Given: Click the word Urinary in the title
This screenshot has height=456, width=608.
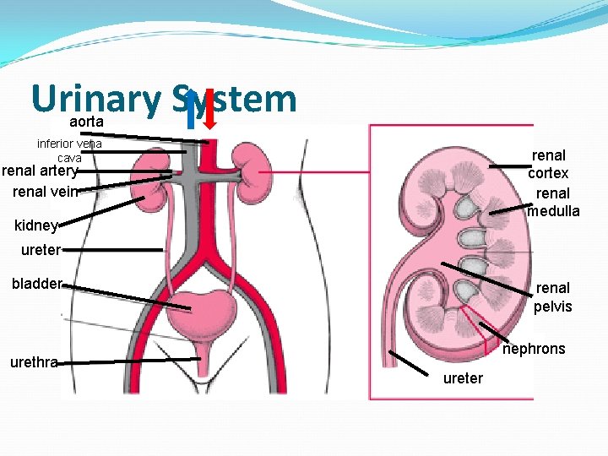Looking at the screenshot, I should pos(95,100).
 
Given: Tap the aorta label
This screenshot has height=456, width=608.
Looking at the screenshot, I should pos(86,122).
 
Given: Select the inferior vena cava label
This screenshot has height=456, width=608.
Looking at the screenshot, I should pos(69,150).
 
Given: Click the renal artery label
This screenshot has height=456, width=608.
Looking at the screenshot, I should pos(41,171).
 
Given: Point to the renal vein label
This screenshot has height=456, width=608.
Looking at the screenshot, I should pos(46,192).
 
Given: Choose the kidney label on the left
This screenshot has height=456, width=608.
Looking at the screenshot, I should pos(36,225).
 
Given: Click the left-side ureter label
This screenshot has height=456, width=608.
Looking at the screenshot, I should pos(37,250).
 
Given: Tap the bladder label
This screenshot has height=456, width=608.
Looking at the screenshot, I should pos(36,284).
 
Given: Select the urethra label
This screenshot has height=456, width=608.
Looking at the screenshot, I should pos(34,363).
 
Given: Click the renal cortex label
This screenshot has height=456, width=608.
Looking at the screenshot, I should pos(548,164).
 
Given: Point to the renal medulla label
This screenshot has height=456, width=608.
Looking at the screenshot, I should pos(553,202).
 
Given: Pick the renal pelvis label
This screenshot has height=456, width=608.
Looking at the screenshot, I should pos(552,296).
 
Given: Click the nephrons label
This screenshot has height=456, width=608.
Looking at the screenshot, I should pos(534,349).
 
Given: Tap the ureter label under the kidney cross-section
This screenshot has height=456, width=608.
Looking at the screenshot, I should pos(463,378).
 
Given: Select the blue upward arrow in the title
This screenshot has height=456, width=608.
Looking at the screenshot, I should pos(193,111).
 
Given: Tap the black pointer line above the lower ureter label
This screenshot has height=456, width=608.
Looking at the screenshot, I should pos(409,361).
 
